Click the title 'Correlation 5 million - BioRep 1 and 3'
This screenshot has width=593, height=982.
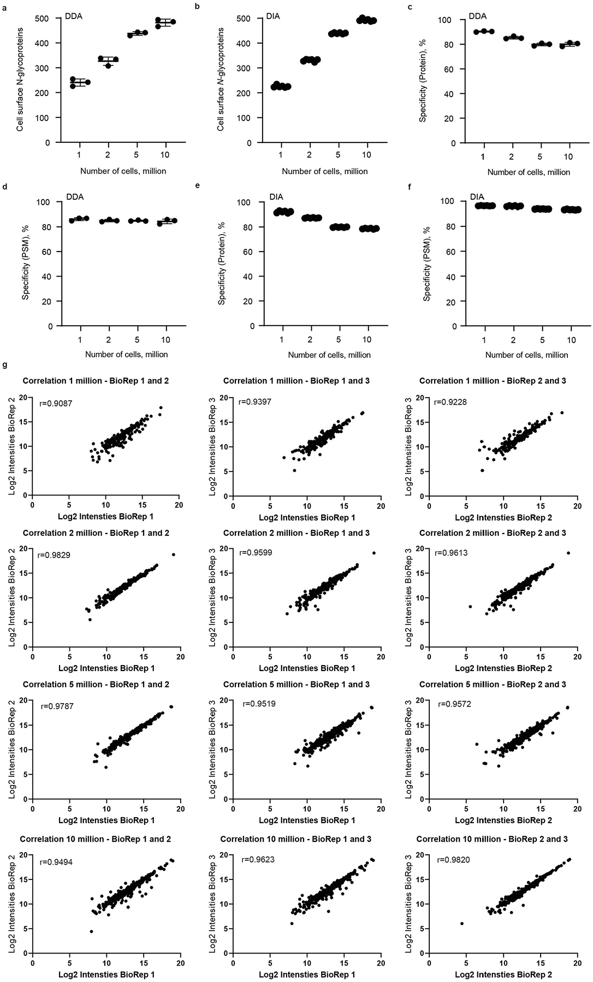click(296, 685)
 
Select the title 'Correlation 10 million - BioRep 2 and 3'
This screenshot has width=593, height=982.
click(492, 839)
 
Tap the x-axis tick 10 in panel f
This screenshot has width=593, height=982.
click(571, 340)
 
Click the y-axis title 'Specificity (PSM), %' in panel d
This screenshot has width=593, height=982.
click(26, 264)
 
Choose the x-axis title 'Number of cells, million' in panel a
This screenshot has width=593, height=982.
click(123, 171)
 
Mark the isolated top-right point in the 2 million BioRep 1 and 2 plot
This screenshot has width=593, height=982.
click(174, 554)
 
